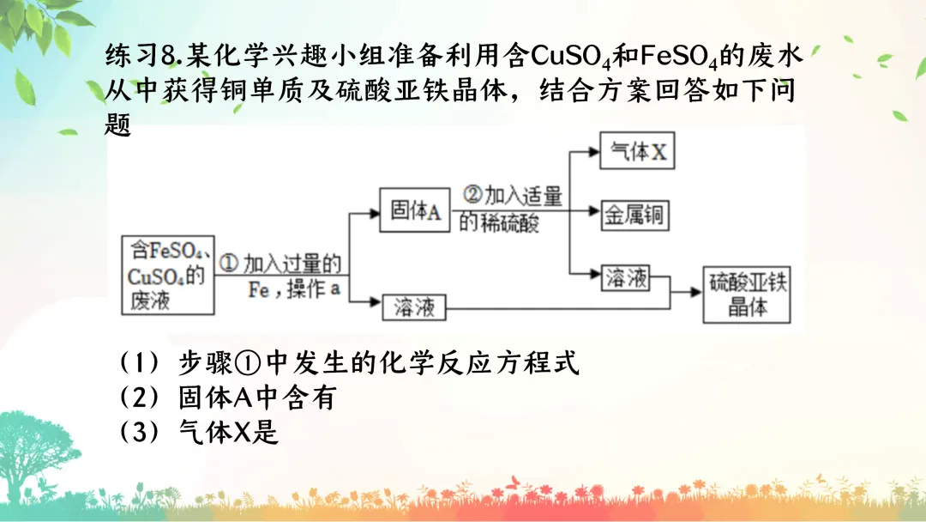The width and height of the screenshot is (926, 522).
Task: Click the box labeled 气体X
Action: [x=635, y=153]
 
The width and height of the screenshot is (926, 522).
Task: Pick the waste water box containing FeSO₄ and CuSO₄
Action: [x=167, y=276]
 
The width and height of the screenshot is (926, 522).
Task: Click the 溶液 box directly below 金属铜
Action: [x=626, y=278]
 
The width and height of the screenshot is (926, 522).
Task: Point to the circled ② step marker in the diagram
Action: [x=472, y=195]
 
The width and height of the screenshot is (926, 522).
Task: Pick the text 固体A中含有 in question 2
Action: [x=256, y=398]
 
